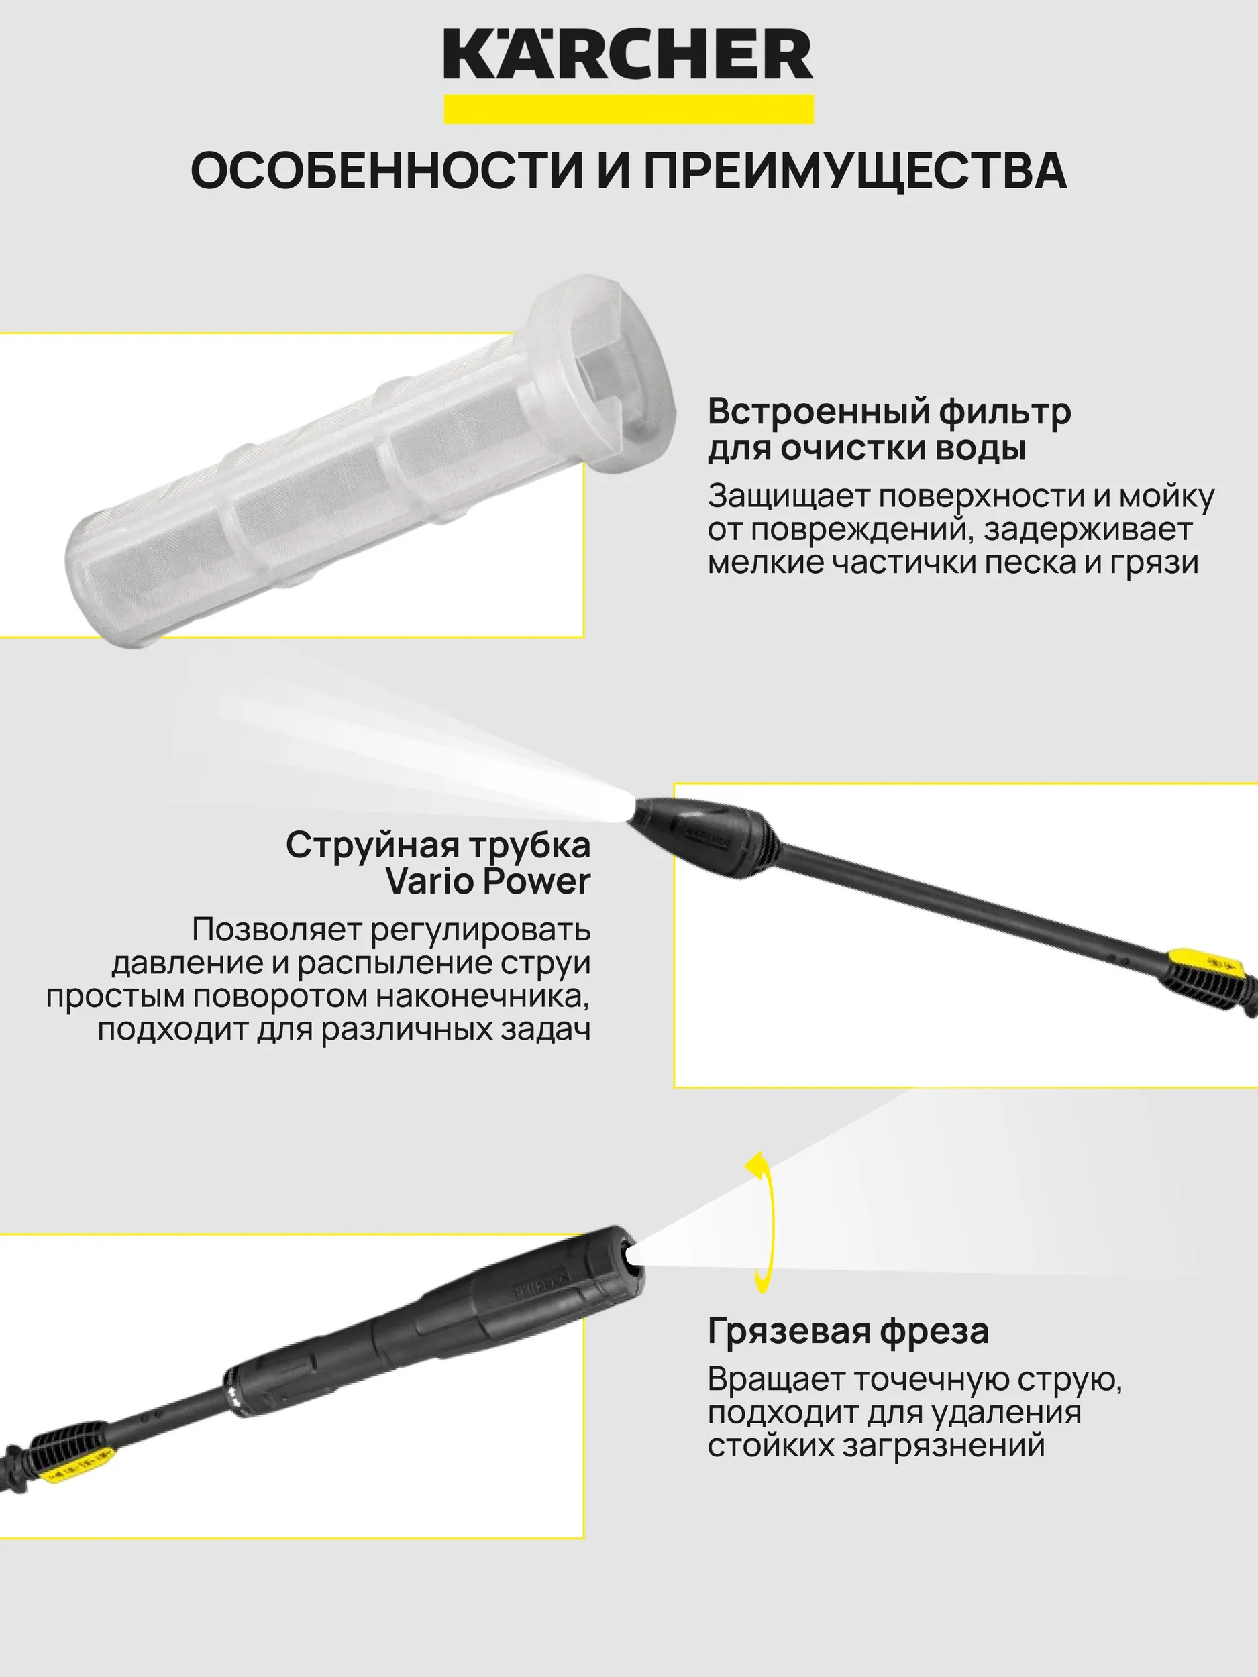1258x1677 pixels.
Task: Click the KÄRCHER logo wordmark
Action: tap(629, 54)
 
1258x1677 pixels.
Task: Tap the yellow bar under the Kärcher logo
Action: tap(629, 109)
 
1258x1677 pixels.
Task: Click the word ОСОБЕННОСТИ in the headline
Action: tap(386, 170)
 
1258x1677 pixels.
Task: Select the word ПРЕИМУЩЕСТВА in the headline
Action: tap(855, 170)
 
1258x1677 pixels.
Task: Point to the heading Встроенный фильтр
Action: tap(890, 412)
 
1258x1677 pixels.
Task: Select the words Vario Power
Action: tap(488, 881)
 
